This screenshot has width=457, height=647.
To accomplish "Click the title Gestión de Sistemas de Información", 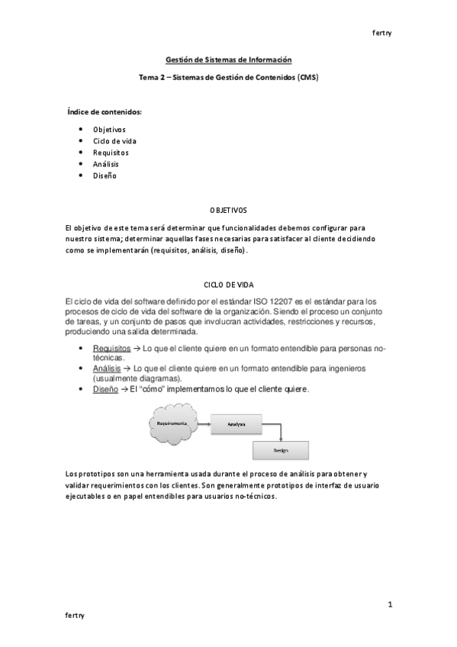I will point(229,59).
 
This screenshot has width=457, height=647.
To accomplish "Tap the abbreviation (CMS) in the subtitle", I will point(307,78).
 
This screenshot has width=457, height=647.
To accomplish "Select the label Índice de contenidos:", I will point(105,112).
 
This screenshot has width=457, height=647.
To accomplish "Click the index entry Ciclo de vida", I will point(114,141).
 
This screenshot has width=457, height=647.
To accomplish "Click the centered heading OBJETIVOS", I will point(228,209).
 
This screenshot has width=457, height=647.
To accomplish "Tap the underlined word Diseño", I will point(105,388).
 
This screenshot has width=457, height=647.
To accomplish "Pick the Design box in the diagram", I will point(280,450).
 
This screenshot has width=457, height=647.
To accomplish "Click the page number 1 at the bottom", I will point(390,605).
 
